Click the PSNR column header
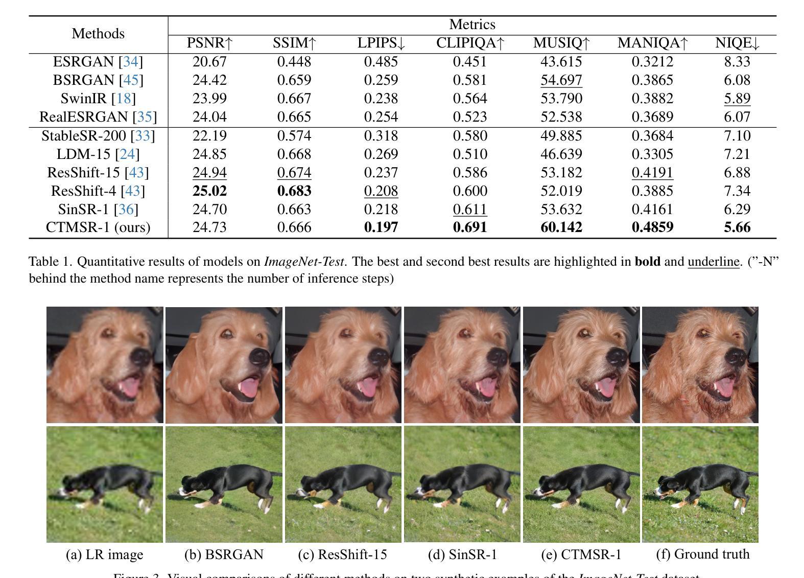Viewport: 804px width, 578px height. click(209, 43)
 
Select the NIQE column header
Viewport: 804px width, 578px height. click(737, 43)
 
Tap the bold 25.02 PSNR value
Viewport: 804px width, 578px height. click(209, 191)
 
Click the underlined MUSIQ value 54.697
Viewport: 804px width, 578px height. click(561, 80)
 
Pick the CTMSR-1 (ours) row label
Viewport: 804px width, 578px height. click(98, 227)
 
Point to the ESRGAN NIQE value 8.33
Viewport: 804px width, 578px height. click(737, 62)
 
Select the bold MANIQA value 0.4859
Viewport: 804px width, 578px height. click(652, 227)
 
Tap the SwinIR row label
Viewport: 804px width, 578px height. click(98, 99)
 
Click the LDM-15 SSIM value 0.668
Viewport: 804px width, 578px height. click(294, 154)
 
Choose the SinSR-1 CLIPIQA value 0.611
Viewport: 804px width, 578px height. click(470, 210)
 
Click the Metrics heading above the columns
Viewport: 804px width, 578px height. click(472, 25)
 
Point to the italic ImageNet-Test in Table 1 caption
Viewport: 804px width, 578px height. click(303, 262)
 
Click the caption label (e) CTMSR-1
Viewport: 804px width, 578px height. click(581, 554)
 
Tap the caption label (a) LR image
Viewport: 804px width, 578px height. click(105, 554)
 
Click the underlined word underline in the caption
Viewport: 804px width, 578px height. click(714, 262)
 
